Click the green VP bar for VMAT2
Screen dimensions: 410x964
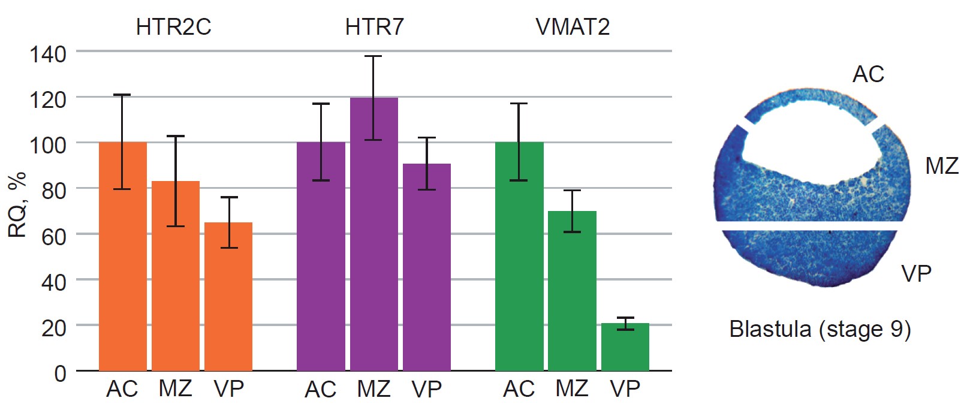click(625, 347)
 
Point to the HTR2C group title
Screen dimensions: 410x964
click(173, 27)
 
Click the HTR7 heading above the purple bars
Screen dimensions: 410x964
click(374, 27)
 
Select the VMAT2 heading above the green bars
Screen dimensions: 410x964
click(573, 27)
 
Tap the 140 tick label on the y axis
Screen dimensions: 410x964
click(48, 55)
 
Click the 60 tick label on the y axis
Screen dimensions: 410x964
click(53, 237)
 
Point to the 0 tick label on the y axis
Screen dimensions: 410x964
click(60, 373)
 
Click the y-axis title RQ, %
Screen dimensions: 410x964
click(17, 204)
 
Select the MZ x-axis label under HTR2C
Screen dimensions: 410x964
click(175, 389)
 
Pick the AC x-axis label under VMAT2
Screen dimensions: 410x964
click(519, 389)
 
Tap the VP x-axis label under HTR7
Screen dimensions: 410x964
click(426, 390)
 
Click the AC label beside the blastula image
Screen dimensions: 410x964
click(868, 74)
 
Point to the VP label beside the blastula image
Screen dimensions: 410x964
click(916, 274)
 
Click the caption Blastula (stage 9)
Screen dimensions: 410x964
click(820, 329)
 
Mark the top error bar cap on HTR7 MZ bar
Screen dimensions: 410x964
click(373, 56)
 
